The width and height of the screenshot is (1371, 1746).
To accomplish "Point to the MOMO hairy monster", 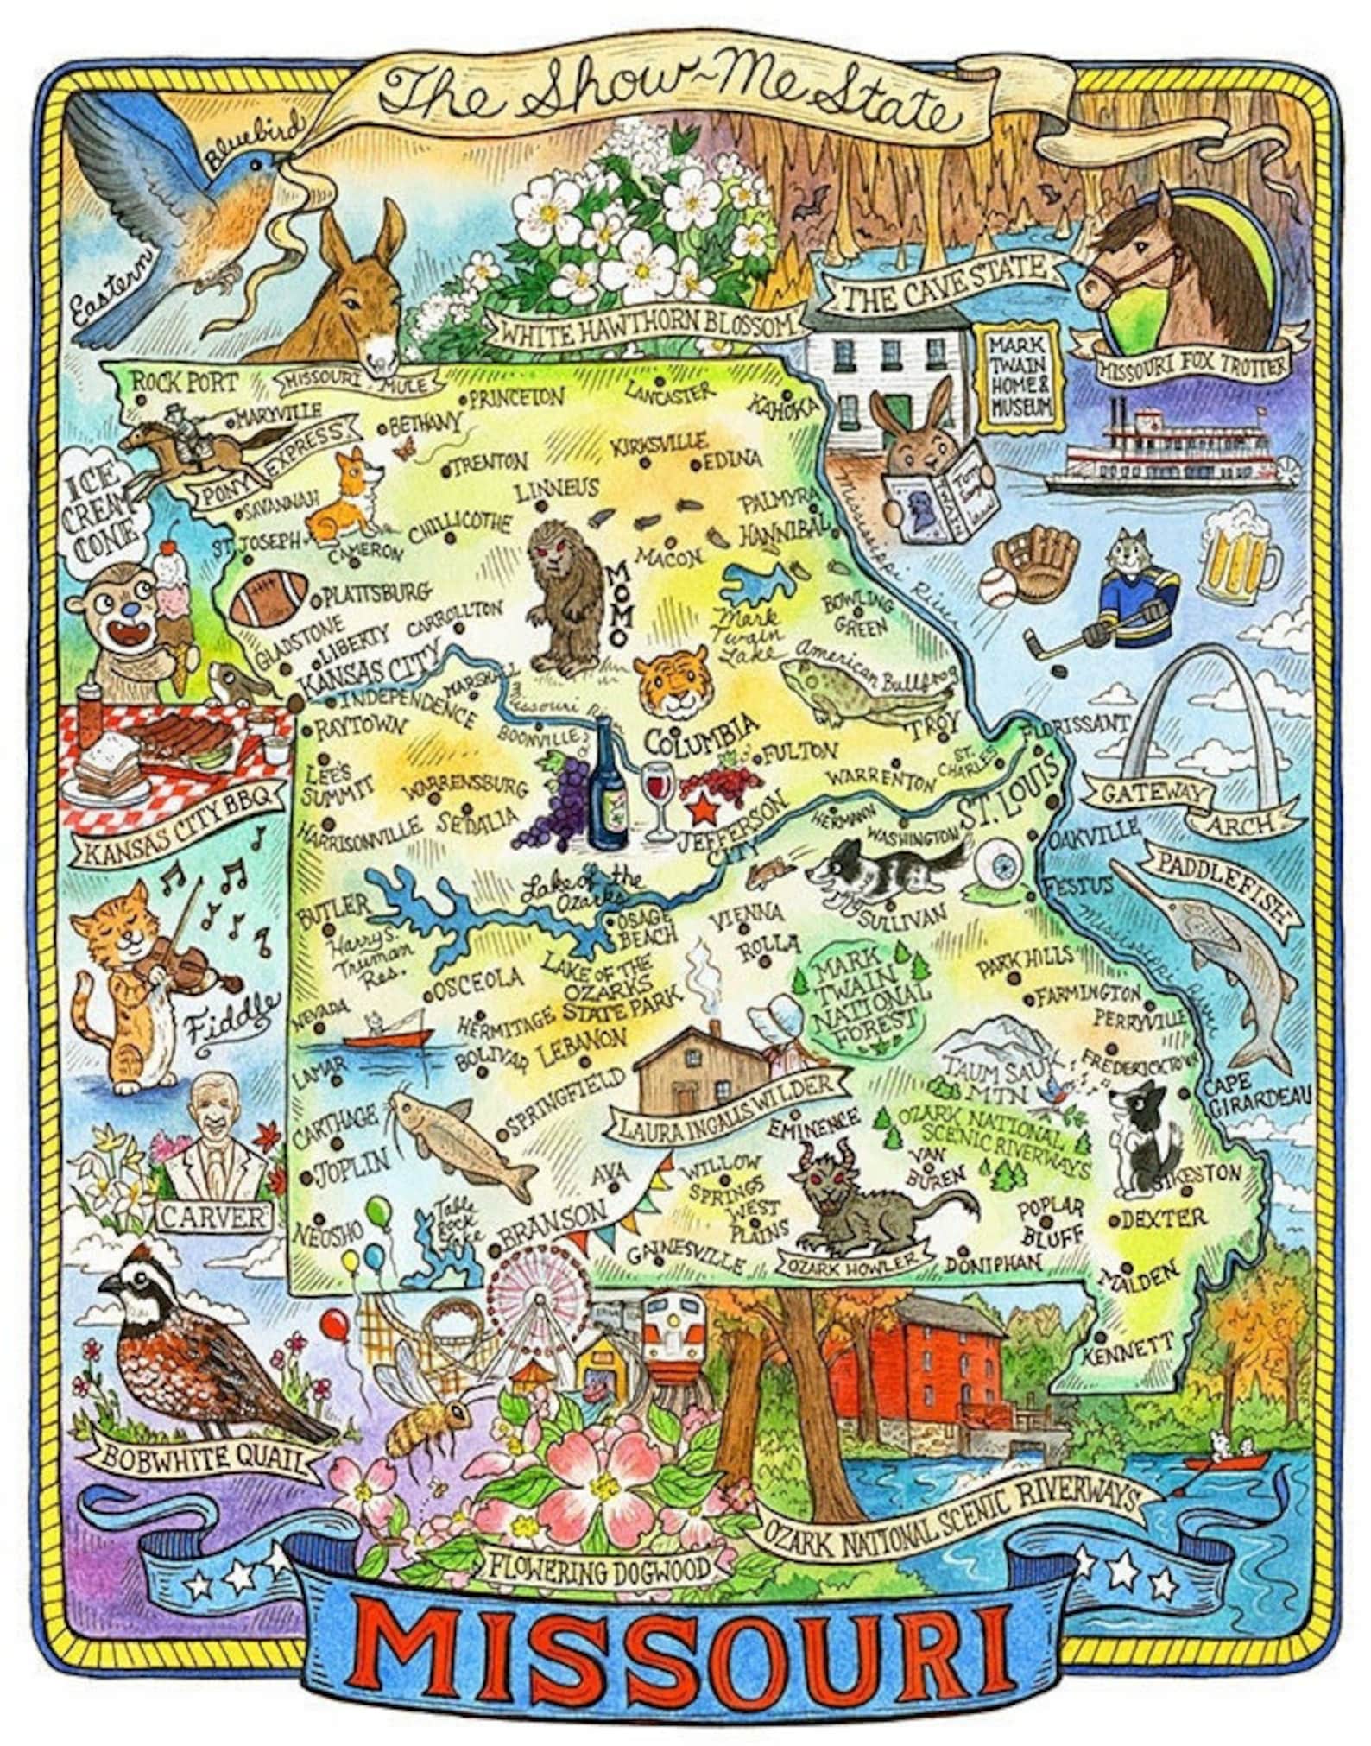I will pos(567,597).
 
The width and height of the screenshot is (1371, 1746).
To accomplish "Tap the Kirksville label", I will pos(658,445).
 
